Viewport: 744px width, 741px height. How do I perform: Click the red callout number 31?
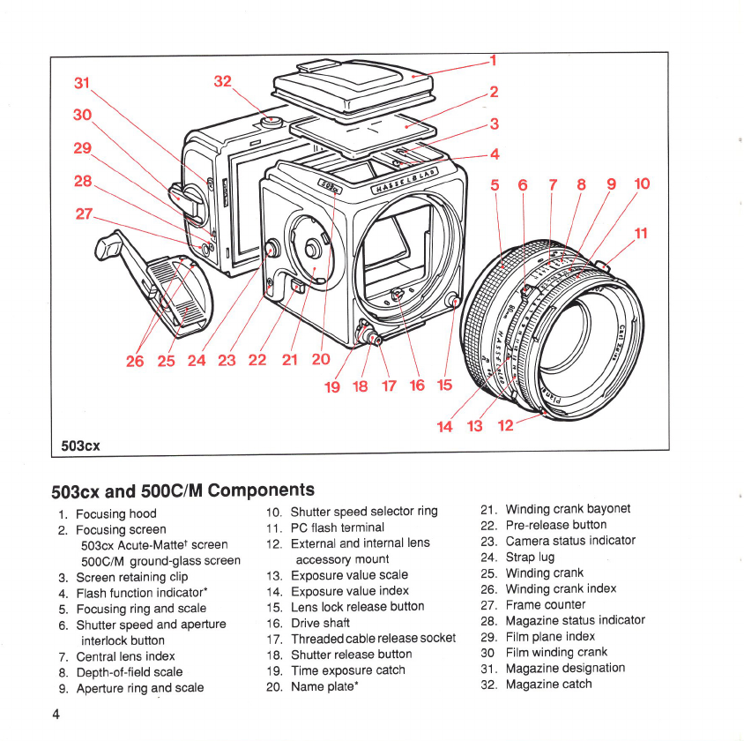(x=83, y=84)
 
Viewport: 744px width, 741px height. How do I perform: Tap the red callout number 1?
(x=494, y=61)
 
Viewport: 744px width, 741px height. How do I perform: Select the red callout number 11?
(x=641, y=234)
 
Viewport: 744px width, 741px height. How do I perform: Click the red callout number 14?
(x=445, y=427)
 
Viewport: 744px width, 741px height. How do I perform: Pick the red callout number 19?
(x=333, y=385)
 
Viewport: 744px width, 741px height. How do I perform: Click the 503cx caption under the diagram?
(x=79, y=445)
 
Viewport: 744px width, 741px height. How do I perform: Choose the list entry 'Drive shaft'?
(x=320, y=623)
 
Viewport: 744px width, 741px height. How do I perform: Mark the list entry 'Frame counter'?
(x=545, y=604)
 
